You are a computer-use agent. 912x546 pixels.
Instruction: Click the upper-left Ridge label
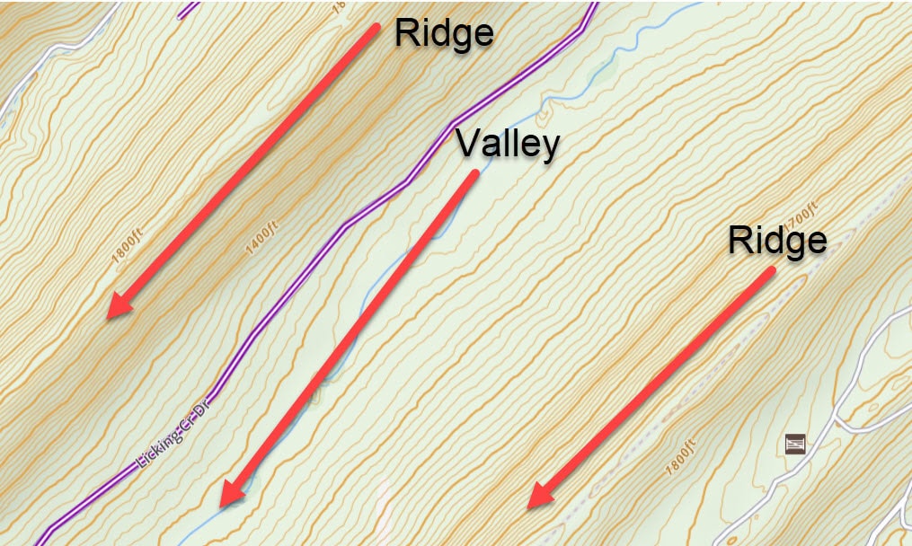[444, 33]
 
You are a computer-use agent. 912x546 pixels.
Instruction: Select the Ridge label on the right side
[777, 241]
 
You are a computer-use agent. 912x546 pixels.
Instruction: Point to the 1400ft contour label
[262, 239]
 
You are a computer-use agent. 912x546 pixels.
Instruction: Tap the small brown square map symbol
[794, 443]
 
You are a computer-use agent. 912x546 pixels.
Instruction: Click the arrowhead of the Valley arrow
[232, 493]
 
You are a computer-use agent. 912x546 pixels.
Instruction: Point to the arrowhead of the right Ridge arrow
[540, 496]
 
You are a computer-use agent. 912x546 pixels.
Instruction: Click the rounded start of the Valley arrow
[473, 175]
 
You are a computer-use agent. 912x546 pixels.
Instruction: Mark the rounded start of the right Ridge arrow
[769, 270]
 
